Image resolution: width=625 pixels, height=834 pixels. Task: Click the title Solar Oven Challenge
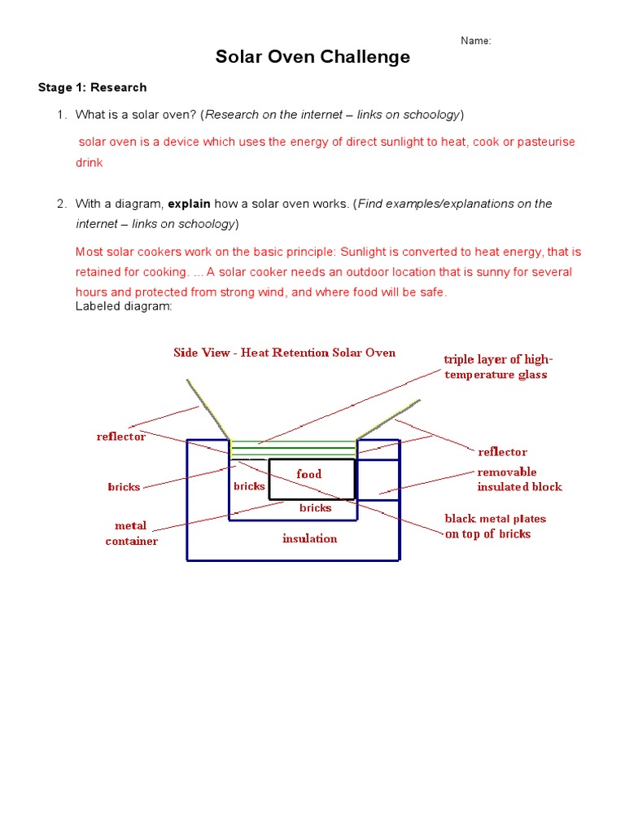click(x=312, y=57)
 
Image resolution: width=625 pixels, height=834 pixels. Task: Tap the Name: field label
click(x=476, y=41)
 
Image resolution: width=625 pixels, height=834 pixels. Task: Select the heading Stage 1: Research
click(x=93, y=87)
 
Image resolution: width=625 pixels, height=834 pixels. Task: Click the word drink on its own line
click(x=90, y=163)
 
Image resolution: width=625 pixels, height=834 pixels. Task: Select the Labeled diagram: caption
click(x=124, y=306)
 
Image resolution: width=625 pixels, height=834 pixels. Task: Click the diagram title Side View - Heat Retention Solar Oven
click(x=285, y=353)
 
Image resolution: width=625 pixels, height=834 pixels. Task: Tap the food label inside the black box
click(x=309, y=474)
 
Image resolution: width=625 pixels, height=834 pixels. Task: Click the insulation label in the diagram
click(x=309, y=538)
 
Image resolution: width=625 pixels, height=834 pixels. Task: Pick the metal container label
click(x=131, y=533)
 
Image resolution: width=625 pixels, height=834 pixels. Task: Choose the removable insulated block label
click(x=519, y=480)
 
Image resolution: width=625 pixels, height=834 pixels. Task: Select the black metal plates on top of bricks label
click(x=495, y=526)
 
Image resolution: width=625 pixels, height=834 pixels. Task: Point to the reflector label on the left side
click(x=121, y=437)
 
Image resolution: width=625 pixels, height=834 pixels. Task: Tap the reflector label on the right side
click(x=502, y=452)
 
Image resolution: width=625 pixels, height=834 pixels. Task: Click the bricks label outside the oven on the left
click(x=124, y=487)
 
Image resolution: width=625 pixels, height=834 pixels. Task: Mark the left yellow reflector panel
click(x=208, y=407)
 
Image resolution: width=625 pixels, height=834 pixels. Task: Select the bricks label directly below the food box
click(x=316, y=508)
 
